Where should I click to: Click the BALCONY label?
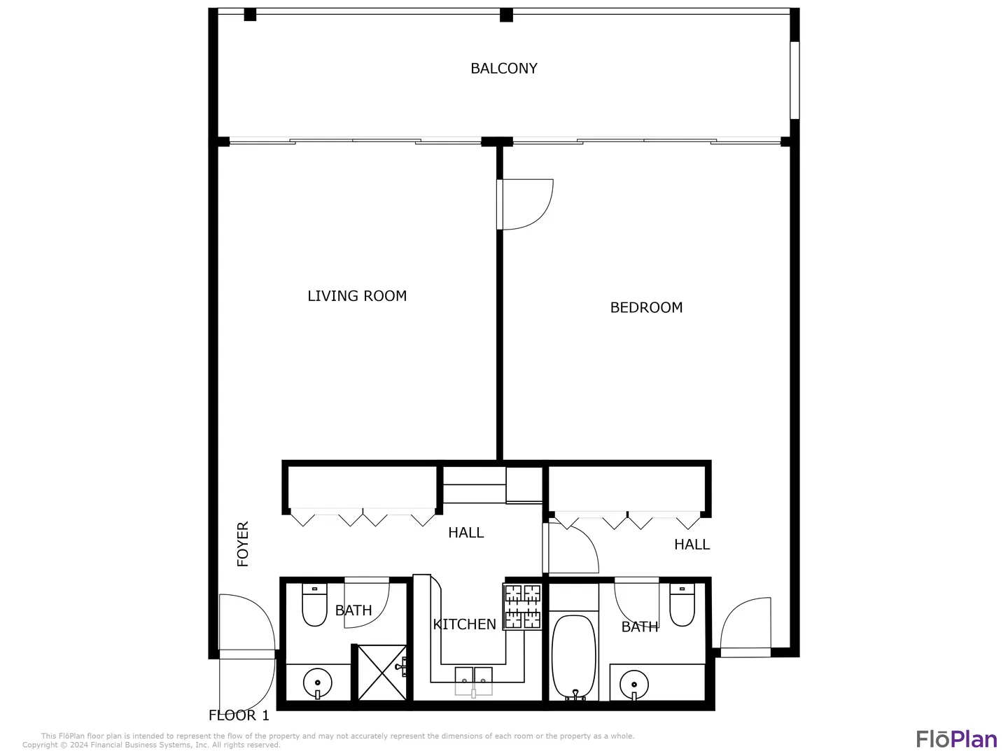504,69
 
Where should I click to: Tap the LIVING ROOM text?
357,296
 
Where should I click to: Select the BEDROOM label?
646,307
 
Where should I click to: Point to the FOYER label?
242,544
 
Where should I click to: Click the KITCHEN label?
464,624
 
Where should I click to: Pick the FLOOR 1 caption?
239,715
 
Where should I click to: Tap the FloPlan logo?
957,739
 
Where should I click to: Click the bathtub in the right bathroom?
573,657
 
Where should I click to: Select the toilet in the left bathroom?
314,605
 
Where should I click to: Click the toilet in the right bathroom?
682,605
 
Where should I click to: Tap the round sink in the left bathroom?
317,683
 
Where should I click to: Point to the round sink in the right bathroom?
633,685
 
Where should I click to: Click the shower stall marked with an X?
382,673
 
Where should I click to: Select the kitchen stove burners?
523,606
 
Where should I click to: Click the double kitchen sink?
473,680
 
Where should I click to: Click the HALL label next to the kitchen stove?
465,533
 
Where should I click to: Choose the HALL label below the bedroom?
692,545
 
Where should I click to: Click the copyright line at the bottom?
151,745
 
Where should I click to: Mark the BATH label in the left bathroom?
353,610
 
